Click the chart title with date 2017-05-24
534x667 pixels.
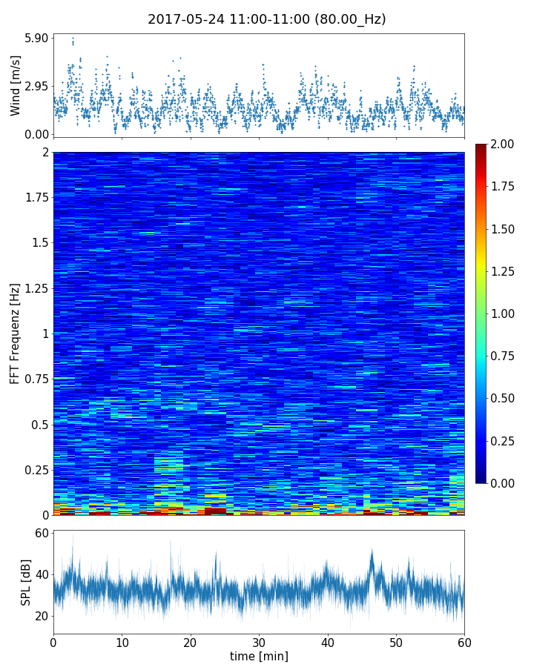pos(267,19)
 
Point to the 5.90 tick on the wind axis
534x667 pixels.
pos(37,38)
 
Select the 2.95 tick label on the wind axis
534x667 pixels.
pos(37,86)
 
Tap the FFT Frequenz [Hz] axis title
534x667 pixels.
pos(16,333)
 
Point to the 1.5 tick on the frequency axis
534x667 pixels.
pos(39,242)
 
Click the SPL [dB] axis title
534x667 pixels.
pos(25,583)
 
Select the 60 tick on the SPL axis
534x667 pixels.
pos(41,533)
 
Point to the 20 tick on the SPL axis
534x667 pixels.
pos(41,616)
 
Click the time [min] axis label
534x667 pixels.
pos(259,656)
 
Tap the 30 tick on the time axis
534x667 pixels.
pos(259,642)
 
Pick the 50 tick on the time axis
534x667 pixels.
pos(396,642)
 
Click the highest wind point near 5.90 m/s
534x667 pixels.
pos(73,38)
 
